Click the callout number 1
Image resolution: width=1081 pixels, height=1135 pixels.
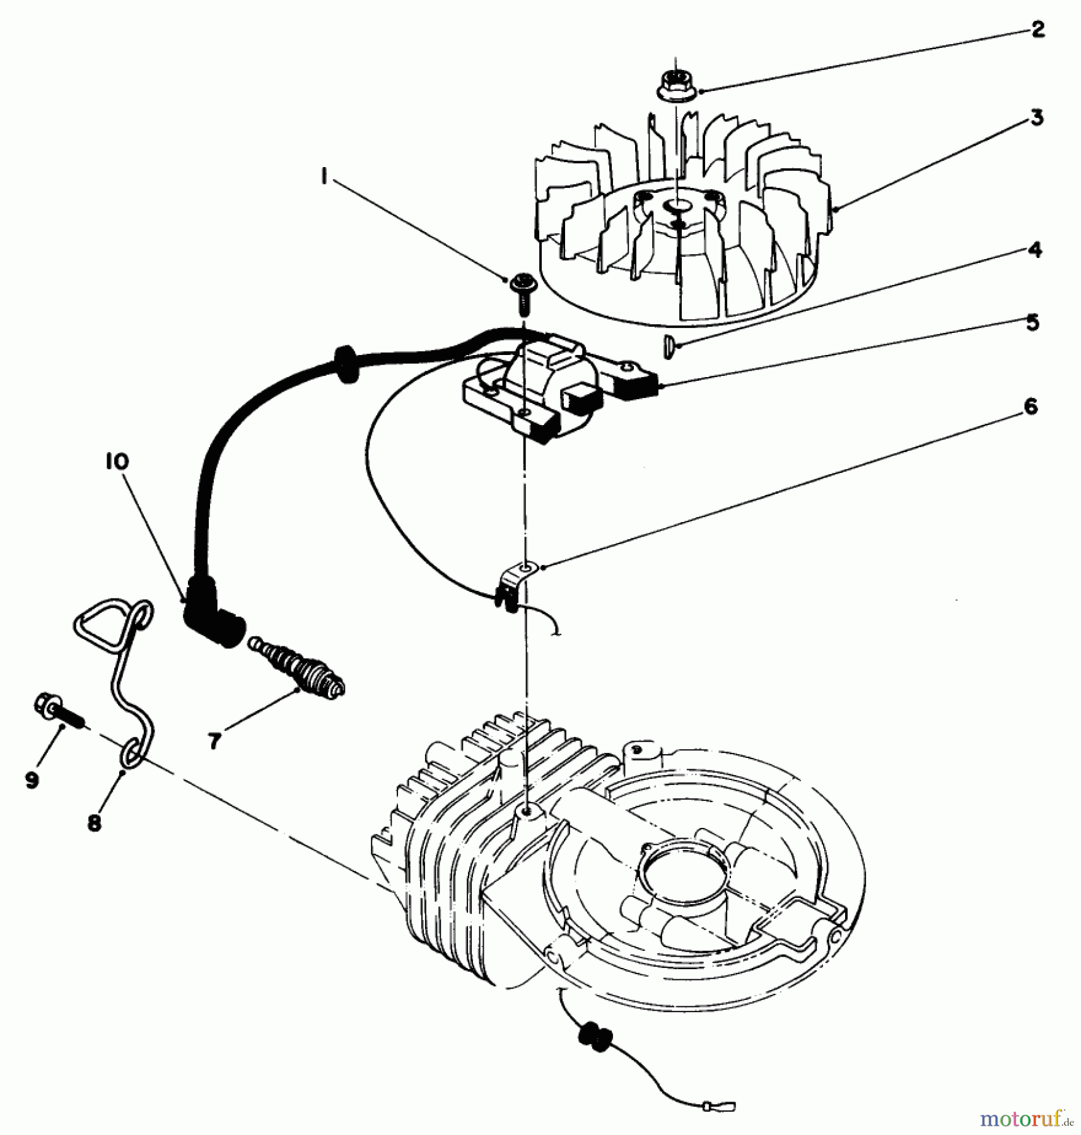click(x=324, y=178)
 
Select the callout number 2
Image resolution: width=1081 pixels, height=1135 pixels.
click(x=1037, y=29)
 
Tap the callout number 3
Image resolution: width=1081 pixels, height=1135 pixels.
click(x=1036, y=117)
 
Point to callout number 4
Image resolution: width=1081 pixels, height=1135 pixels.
click(x=1034, y=250)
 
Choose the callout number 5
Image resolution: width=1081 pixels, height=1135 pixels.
click(x=1032, y=322)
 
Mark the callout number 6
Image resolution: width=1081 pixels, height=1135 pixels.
click(x=1030, y=407)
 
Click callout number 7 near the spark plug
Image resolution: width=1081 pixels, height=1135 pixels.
click(x=215, y=741)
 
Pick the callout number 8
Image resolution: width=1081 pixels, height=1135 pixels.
click(x=94, y=822)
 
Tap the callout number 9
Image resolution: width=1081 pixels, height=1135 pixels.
click(x=32, y=780)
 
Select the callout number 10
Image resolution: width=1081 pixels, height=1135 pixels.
click(x=117, y=462)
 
